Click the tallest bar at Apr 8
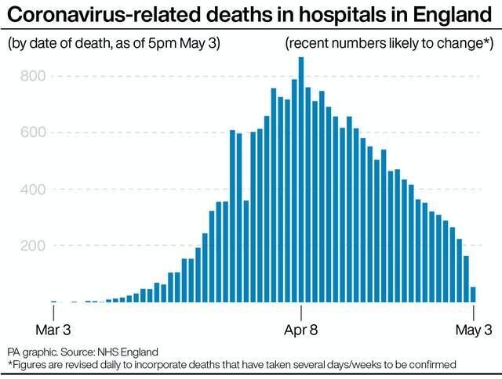pos(301,180)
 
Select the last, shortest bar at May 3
pos(474,294)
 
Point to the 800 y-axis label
pos(33,76)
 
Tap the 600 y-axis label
pos(33,132)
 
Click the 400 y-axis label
pos(33,189)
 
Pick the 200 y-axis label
pos(33,245)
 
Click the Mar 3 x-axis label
pos(53,330)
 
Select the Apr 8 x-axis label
pos(301,330)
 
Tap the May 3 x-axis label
pos(474,330)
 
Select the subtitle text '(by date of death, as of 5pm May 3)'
pos(114,43)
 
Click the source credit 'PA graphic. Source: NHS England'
pos(83,352)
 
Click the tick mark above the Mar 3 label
pos(53,311)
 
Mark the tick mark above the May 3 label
pos(474,311)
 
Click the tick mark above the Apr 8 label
pos(301,311)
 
